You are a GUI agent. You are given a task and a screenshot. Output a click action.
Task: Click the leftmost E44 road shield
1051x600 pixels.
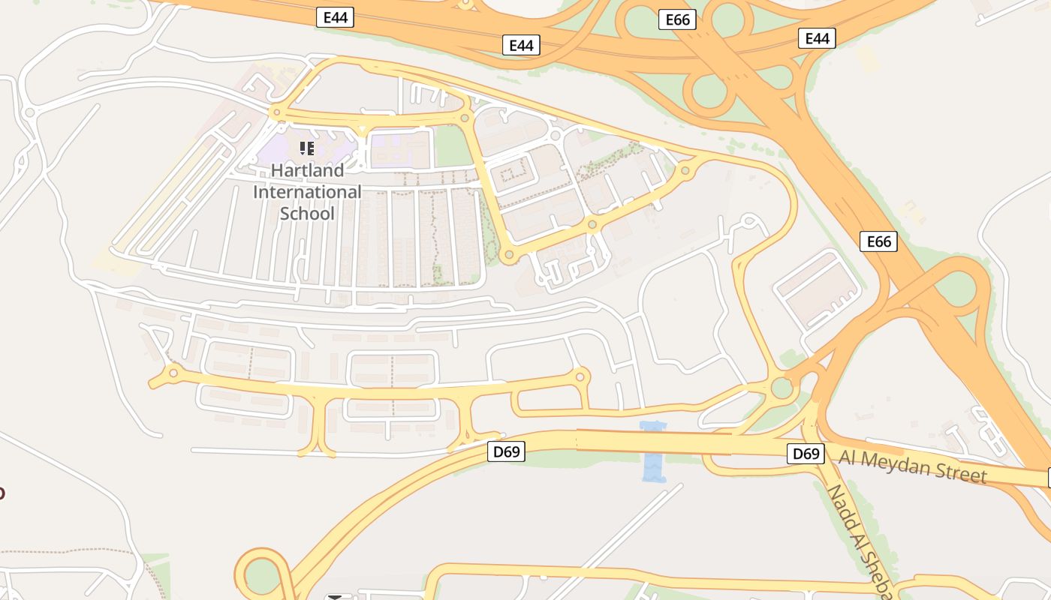335,17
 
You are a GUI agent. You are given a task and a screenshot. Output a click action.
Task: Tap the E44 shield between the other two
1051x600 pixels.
521,45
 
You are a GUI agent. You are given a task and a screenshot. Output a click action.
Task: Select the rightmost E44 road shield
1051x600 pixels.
817,38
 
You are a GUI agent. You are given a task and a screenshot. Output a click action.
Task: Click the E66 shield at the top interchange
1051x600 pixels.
677,20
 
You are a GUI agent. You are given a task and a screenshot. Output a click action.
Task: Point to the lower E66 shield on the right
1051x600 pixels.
879,241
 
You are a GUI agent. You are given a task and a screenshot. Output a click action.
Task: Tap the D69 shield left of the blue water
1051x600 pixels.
506,451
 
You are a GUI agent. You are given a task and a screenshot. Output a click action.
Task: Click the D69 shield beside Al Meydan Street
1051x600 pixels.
806,453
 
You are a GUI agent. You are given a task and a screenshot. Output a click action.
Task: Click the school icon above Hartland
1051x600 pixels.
306,148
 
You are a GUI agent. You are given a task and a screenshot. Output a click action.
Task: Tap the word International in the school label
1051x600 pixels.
307,192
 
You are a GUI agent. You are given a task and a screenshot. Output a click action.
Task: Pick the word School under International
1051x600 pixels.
307,213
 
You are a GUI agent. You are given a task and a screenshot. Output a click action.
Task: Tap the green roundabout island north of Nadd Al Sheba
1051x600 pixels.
781,388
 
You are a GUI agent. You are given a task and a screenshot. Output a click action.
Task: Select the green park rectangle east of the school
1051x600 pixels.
453,146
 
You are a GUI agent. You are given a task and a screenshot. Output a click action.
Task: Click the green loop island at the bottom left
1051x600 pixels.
261,575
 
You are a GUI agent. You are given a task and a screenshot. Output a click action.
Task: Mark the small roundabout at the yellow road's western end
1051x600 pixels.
173,372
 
